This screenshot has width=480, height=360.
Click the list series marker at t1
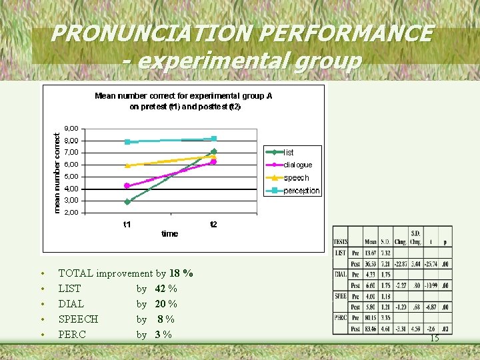pyautogui.click(x=127, y=201)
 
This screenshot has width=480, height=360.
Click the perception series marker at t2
pyautogui.click(x=214, y=139)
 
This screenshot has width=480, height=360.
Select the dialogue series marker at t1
pyautogui.click(x=127, y=185)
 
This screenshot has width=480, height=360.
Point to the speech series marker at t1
pyautogui.click(x=127, y=165)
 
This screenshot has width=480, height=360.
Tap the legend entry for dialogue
pyautogui.click(x=297, y=165)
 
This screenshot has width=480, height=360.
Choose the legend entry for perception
pyautogui.click(x=301, y=191)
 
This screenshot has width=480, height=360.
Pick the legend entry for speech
pyautogui.click(x=296, y=178)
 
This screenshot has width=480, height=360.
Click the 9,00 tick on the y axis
pyautogui.click(x=71, y=128)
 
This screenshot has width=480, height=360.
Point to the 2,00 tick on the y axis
pyautogui.click(x=71, y=213)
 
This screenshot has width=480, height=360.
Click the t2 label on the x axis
pyautogui.click(x=213, y=225)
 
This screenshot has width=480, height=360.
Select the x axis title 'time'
pyautogui.click(x=170, y=234)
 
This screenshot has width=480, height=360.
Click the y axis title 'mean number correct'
pyautogui.click(x=57, y=170)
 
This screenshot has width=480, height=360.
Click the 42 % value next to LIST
pyautogui.click(x=166, y=289)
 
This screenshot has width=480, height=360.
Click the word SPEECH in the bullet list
pyautogui.click(x=78, y=319)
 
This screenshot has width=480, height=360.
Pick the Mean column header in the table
pyautogui.click(x=371, y=241)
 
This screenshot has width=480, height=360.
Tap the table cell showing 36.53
pyautogui.click(x=371, y=263)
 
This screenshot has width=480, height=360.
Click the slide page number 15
pyautogui.click(x=434, y=339)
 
